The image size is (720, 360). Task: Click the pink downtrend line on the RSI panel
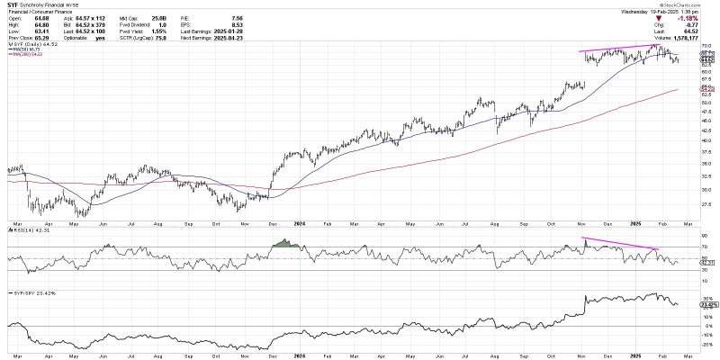pyautogui.click(x=622, y=242)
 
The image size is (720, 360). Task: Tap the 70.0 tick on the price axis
pyautogui.click(x=707, y=45)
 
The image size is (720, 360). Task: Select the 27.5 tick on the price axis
pyautogui.click(x=707, y=204)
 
